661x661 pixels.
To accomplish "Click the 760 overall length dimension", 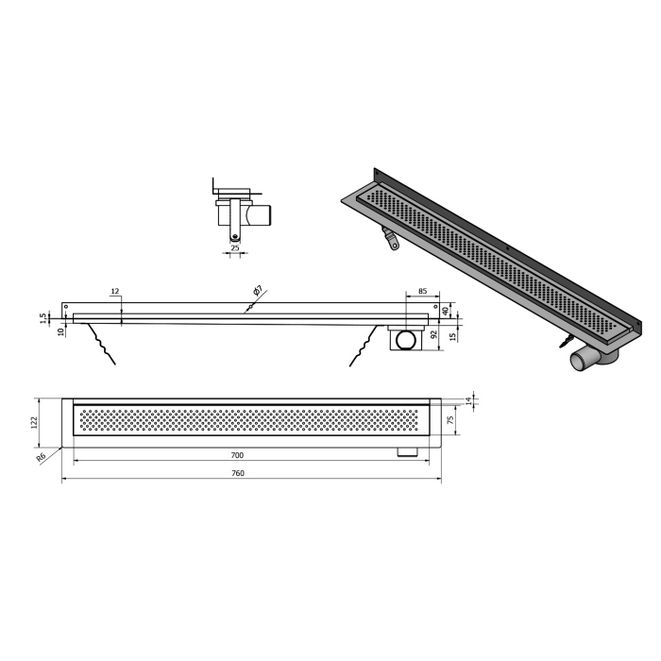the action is click(x=238, y=473).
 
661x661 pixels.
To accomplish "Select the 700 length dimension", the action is click(x=237, y=455).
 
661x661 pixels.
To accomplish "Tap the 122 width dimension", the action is click(x=35, y=422).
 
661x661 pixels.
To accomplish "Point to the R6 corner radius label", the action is click(x=41, y=457).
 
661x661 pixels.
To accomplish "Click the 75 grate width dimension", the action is click(x=450, y=420).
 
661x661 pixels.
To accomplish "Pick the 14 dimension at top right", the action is click(x=468, y=401).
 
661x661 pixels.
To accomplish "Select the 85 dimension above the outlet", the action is click(x=422, y=291).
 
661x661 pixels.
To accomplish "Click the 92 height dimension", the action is click(x=433, y=335).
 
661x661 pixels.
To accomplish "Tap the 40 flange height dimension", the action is click(x=445, y=312).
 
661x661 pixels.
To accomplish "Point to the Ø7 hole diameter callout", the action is click(x=258, y=291).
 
